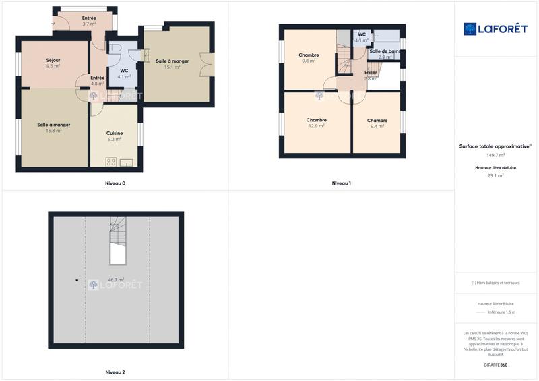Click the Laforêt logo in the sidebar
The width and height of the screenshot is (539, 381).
tap(495, 29)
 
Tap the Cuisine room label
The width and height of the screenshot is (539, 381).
tap(115, 133)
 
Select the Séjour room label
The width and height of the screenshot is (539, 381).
tap(53, 60)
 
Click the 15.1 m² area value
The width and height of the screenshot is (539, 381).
tap(172, 67)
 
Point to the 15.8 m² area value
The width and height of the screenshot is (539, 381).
tap(54, 131)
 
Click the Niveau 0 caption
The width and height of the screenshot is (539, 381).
tap(115, 183)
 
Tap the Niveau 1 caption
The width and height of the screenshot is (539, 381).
tap(341, 183)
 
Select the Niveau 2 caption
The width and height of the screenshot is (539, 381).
tap(115, 372)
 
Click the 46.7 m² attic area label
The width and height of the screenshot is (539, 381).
tap(116, 279)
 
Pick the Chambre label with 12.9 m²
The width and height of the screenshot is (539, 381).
tap(317, 120)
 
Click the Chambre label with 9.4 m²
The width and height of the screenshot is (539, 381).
tap(377, 121)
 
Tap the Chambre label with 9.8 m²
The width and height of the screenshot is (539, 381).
tap(309, 55)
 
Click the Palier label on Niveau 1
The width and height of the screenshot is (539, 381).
tap(371, 72)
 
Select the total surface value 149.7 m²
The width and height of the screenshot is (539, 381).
tap(495, 155)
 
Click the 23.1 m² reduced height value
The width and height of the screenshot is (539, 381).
tap(495, 175)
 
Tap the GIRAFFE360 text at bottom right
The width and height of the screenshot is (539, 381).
tap(495, 365)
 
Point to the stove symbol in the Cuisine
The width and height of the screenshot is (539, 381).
tap(111, 162)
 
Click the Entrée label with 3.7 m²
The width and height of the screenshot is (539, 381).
tap(89, 18)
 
